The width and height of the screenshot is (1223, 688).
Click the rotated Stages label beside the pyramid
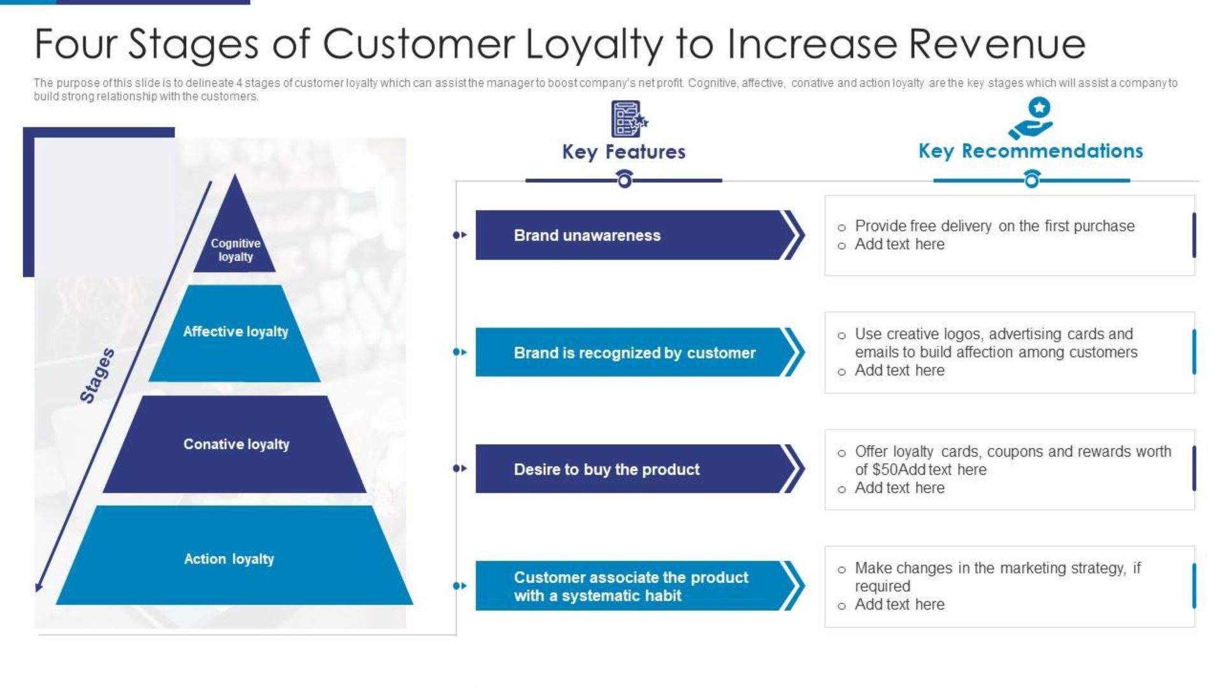(x=97, y=376)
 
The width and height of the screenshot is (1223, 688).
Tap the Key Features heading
(x=624, y=152)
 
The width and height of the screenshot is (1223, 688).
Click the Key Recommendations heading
(x=1031, y=152)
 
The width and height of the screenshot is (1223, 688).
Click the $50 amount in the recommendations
(x=884, y=470)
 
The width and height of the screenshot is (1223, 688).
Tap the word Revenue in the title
(x=997, y=44)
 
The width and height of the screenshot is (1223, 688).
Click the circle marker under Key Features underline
(x=624, y=181)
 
